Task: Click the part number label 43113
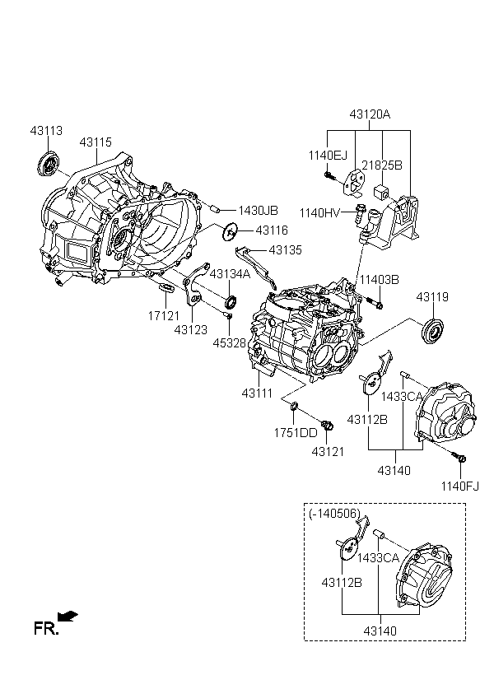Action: tap(46, 130)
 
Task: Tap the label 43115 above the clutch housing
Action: tap(96, 142)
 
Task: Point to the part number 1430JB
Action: tap(258, 211)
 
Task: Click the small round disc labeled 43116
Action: tap(231, 233)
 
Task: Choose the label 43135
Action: tap(286, 249)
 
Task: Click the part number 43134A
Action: tap(230, 274)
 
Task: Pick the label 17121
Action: tap(164, 316)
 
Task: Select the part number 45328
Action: tap(229, 343)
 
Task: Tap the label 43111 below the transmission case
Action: tap(257, 393)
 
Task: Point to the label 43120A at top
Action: tap(370, 114)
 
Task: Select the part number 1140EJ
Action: tap(328, 155)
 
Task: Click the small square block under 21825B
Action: tap(381, 192)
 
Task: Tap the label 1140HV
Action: tap(319, 212)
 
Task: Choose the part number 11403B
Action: tap(379, 280)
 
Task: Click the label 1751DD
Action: tap(296, 433)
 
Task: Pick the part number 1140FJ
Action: tap(459, 486)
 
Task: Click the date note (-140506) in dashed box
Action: tap(334, 514)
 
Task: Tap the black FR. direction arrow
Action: tap(68, 616)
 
